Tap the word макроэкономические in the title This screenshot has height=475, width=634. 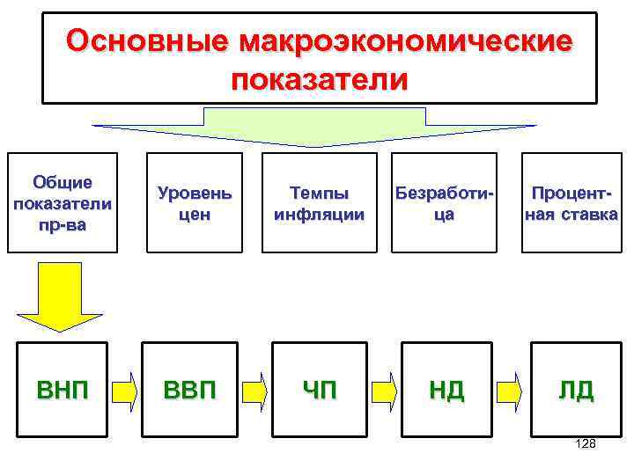click(x=405, y=40)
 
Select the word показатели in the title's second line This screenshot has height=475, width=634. click(x=320, y=80)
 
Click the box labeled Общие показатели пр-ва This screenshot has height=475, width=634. click(x=63, y=203)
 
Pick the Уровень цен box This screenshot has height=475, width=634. click(x=195, y=203)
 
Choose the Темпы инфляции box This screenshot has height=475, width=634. click(x=319, y=203)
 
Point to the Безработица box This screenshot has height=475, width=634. click(x=444, y=203)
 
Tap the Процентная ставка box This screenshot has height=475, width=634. click(x=571, y=203)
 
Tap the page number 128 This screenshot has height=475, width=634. click(x=585, y=444)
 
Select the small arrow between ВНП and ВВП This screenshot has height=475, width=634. click(x=126, y=391)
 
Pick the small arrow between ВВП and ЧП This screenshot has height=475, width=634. click(x=255, y=391)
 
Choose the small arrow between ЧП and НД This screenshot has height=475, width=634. click(x=383, y=391)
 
